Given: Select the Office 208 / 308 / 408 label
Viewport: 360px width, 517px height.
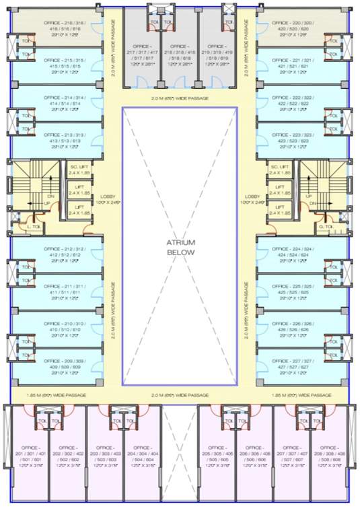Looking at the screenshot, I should click(329, 454).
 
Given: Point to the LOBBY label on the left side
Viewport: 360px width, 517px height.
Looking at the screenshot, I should click(108, 199).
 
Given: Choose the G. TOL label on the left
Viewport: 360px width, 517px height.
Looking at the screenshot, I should click(33, 228).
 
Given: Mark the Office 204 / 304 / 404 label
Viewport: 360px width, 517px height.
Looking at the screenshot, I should click(141, 454).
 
